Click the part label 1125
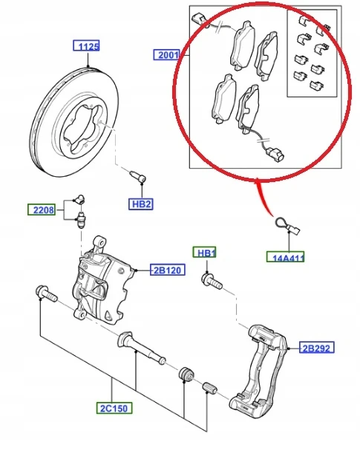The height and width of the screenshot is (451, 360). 89,46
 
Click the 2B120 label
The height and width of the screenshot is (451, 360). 168,270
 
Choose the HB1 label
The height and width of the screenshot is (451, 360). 206,253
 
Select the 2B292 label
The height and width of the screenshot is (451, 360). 317,347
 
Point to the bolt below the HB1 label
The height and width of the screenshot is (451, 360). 210,282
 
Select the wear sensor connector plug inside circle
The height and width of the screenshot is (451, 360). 275,156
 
